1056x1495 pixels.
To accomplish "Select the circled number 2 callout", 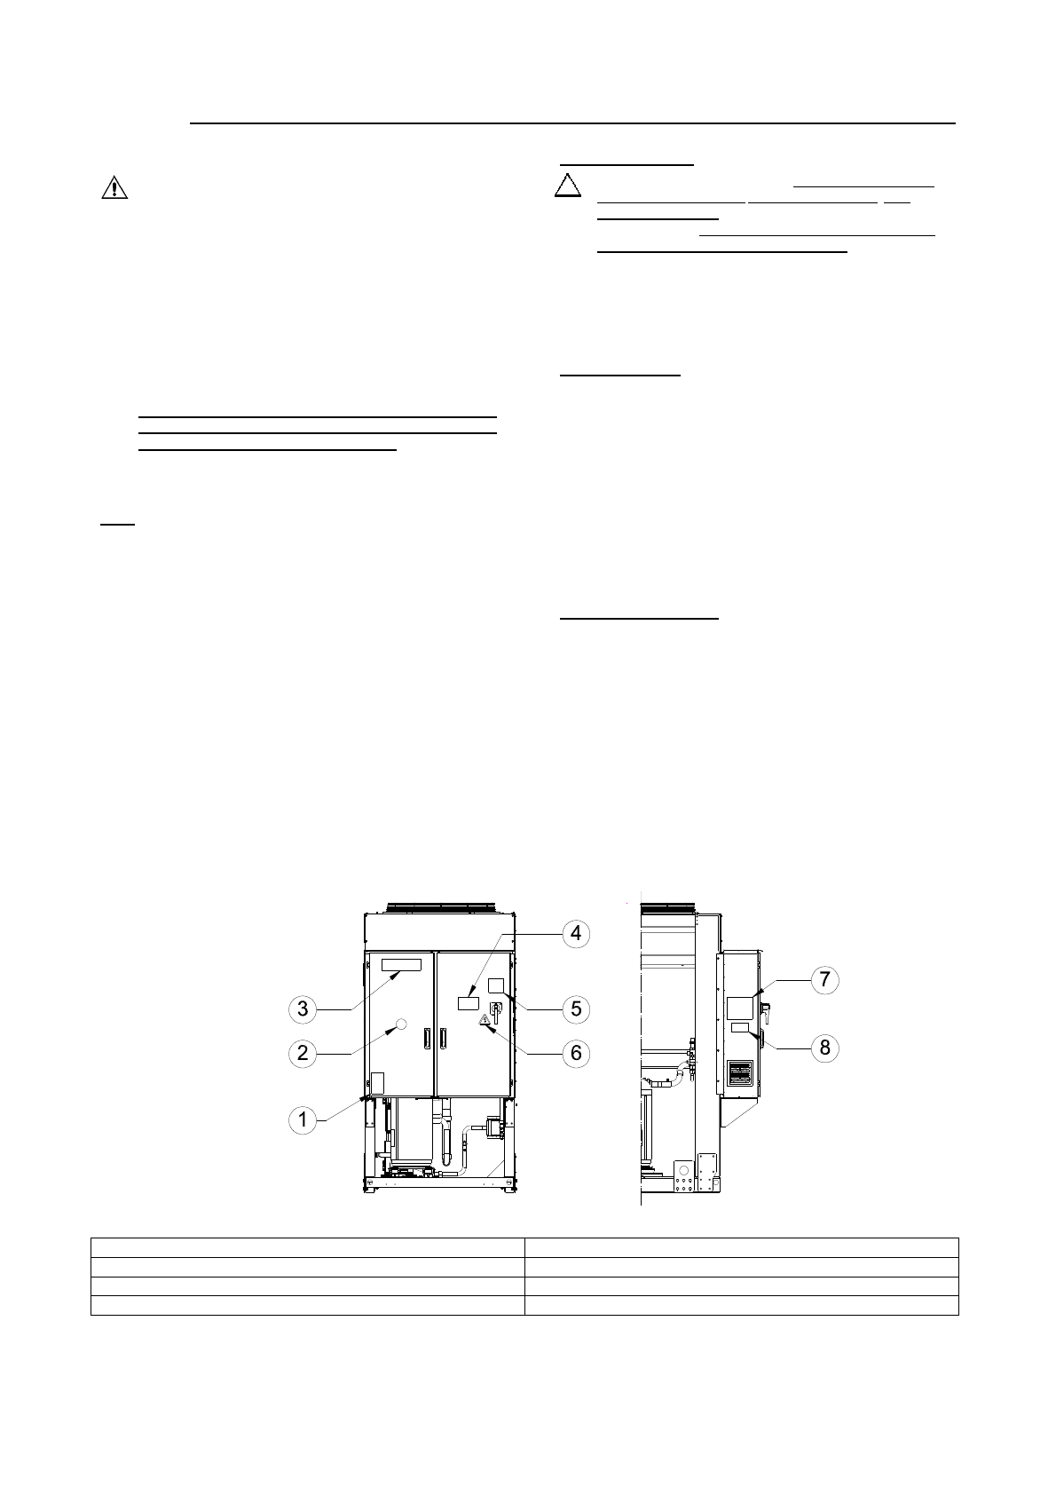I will click(x=303, y=1053).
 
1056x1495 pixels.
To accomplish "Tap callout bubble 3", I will click(x=303, y=1009).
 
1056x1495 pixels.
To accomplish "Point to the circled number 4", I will click(x=576, y=933).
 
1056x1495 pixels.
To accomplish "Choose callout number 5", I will click(x=576, y=1009).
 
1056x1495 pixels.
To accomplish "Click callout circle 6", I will click(x=576, y=1053).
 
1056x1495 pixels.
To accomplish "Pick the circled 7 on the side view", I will click(x=824, y=980).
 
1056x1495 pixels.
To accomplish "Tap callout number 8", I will click(x=824, y=1048).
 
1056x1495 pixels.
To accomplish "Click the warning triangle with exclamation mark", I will click(x=114, y=188).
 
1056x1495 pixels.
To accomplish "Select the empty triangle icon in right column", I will click(x=568, y=186).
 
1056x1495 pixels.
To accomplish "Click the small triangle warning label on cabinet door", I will click(x=485, y=1020).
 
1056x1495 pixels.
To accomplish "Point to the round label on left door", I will click(x=399, y=1024).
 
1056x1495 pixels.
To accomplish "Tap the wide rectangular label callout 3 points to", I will click(x=401, y=965).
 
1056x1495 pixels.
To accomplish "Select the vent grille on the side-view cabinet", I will click(x=740, y=1072).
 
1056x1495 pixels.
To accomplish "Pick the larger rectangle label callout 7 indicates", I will click(x=740, y=1007).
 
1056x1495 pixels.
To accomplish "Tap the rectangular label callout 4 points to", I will click(x=468, y=1003).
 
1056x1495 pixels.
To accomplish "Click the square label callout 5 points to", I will click(x=496, y=985).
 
